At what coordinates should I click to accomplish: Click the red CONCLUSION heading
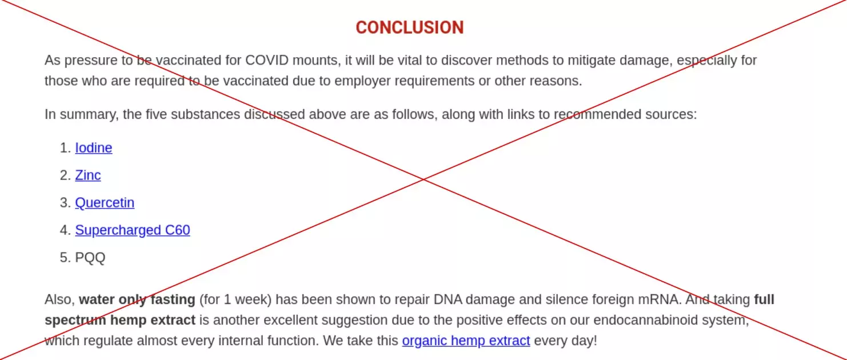click(x=410, y=27)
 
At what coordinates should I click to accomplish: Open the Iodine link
click(x=93, y=148)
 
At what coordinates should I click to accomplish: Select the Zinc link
click(x=87, y=175)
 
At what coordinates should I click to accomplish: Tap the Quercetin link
click(x=105, y=203)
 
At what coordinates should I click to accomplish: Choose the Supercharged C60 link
click(x=133, y=230)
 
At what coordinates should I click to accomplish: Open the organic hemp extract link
click(x=466, y=341)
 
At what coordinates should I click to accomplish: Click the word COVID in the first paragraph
click(x=267, y=60)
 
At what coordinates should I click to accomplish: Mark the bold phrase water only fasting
click(x=137, y=299)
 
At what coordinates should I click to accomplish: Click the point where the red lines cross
click(x=424, y=179)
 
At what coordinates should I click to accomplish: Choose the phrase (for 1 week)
click(x=235, y=299)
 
